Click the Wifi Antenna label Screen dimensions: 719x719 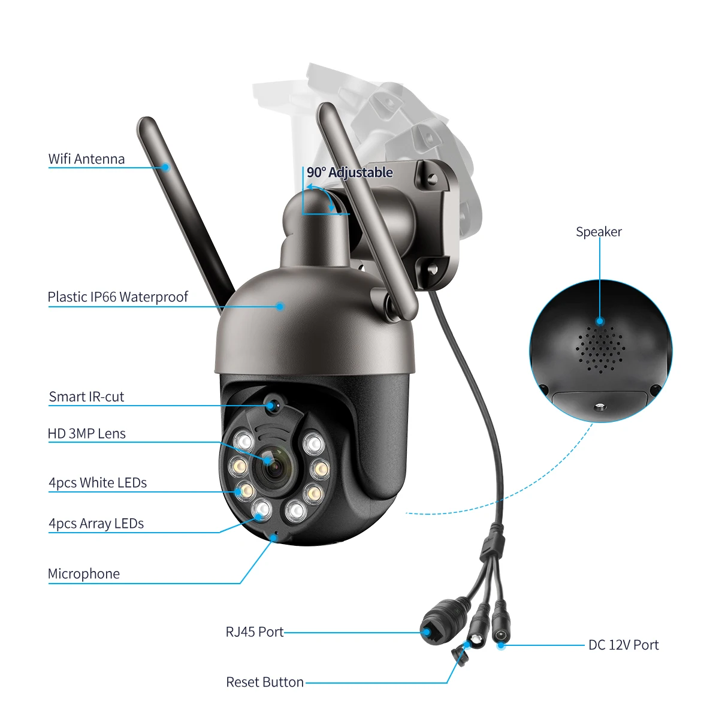pos(86,159)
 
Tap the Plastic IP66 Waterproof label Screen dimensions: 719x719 pos(117,297)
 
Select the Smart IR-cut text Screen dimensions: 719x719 pos(86,397)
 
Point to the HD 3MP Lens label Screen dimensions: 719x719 pos(86,434)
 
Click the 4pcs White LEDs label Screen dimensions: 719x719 pos(98,483)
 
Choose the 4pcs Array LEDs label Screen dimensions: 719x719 pos(96,524)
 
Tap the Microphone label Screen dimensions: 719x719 pos(84,574)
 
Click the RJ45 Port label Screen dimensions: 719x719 pos(255,632)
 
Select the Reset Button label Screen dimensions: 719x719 pos(265,682)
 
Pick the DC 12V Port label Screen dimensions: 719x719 pos(623,645)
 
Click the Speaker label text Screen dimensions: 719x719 pos(599,232)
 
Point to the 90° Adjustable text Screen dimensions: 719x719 pos(350,173)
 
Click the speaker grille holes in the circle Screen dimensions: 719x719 pos(600,348)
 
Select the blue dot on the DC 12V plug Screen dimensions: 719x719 pos(501,645)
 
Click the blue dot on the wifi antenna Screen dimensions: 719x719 pos(165,167)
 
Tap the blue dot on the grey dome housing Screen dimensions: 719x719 pos(279,306)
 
